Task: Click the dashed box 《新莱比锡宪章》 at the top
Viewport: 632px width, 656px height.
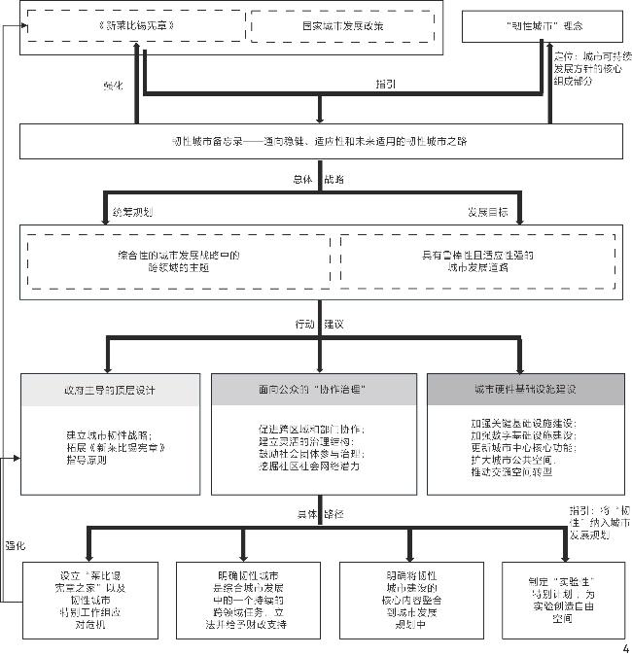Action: click(135, 25)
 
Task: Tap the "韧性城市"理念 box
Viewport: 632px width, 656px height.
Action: click(542, 25)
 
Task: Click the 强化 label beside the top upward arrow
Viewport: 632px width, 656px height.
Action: click(114, 85)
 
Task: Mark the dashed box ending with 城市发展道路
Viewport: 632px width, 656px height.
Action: click(476, 259)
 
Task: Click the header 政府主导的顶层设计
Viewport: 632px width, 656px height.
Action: click(115, 389)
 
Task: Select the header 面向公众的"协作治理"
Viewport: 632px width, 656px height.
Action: click(312, 389)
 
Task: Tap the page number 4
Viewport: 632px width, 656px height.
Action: click(624, 648)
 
